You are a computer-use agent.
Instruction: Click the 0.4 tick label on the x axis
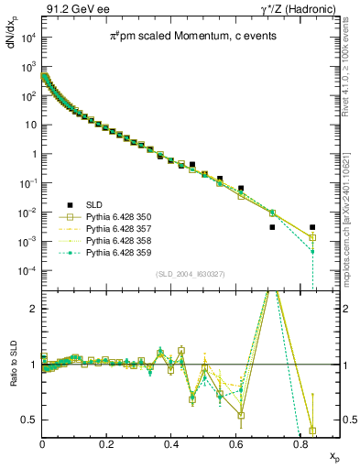pyautogui.click(x=171, y=443)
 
